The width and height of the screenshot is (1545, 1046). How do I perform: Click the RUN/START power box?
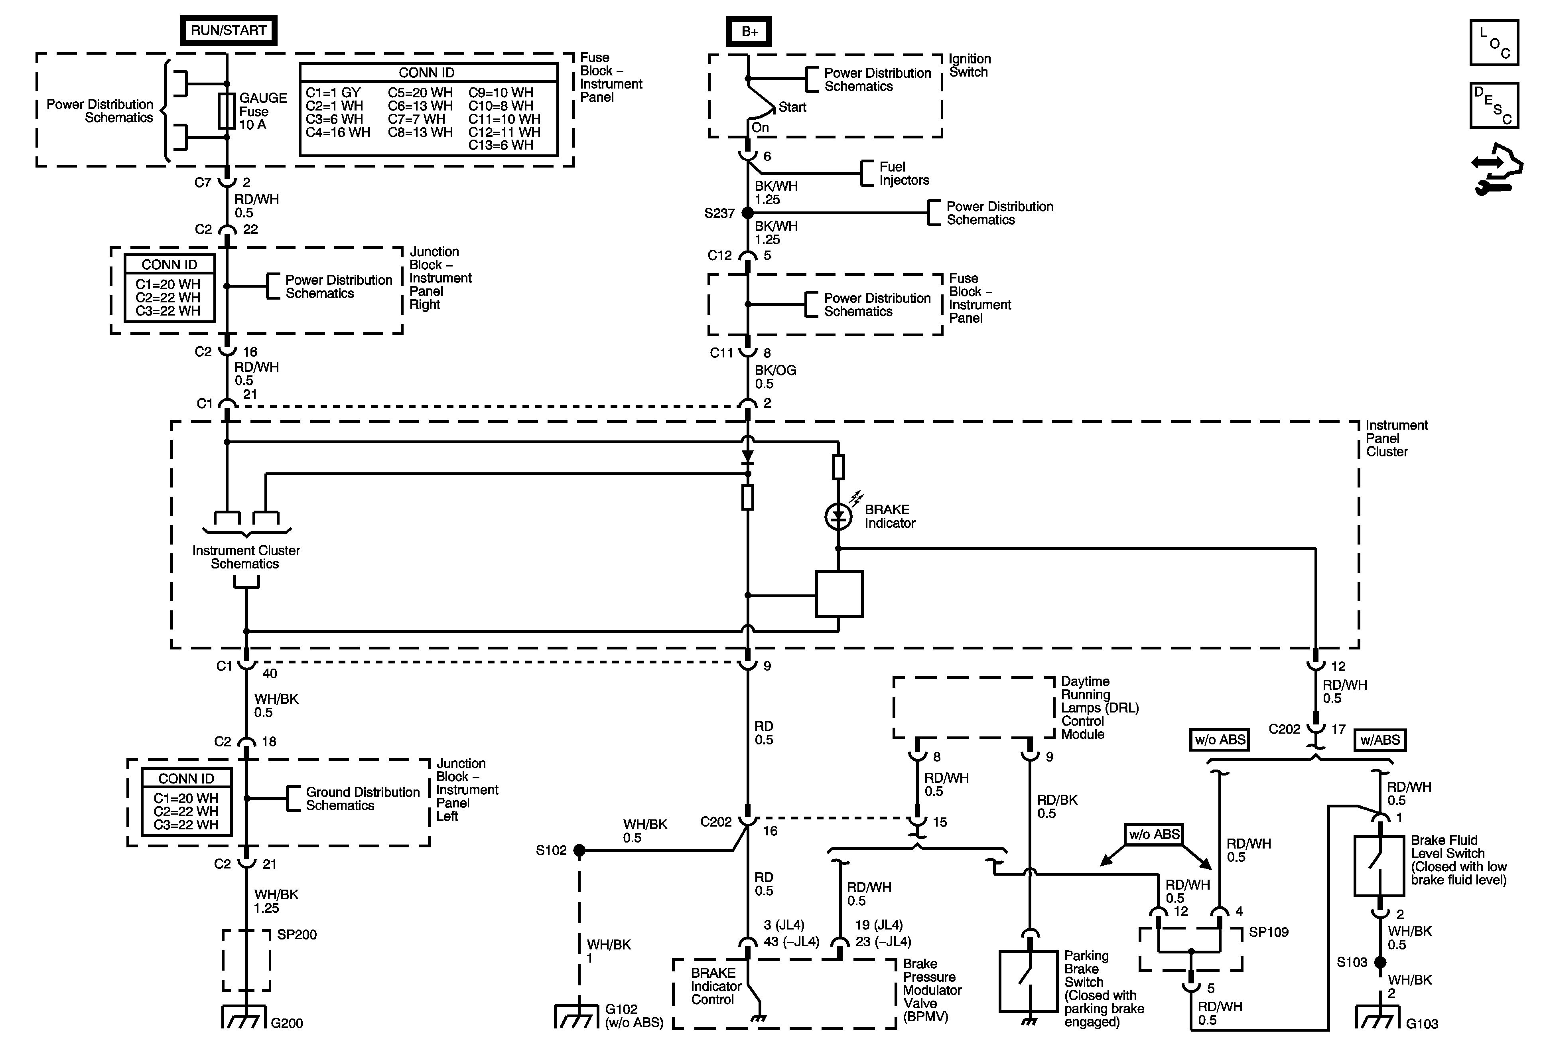click(229, 31)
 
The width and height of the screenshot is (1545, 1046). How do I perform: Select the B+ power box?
click(749, 31)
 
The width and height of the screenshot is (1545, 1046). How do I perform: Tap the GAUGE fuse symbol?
click(227, 111)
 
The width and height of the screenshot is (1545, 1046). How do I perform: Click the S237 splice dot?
click(747, 213)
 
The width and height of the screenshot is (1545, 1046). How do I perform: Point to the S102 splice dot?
click(580, 850)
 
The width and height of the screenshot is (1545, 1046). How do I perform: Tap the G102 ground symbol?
click(576, 1017)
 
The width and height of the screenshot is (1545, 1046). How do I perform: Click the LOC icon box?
click(1494, 43)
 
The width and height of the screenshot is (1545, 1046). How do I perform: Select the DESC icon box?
click(1494, 105)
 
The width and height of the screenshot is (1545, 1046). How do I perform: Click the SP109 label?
click(1269, 932)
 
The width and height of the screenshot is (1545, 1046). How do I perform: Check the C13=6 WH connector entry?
click(501, 145)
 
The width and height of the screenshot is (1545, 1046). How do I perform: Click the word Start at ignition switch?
click(792, 107)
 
